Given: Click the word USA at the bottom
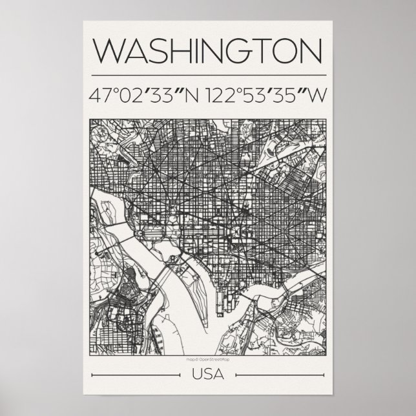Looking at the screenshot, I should click(208, 374).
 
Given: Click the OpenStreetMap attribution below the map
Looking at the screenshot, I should click(208, 359).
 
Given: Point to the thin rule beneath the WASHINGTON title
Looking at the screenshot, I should click(208, 69).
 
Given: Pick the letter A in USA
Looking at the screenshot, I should click(218, 374).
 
